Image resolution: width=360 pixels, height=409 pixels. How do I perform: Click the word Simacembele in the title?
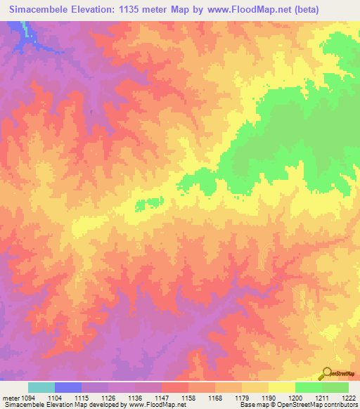40,10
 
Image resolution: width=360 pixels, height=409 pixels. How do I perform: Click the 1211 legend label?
321,398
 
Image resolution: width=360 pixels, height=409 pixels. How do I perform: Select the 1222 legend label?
347,398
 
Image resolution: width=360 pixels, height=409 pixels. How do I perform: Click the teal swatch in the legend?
41,387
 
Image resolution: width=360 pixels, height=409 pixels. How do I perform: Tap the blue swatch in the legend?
68,387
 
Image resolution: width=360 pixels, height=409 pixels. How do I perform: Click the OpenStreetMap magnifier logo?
327,374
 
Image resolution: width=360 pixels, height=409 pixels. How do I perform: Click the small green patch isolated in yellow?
157,202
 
